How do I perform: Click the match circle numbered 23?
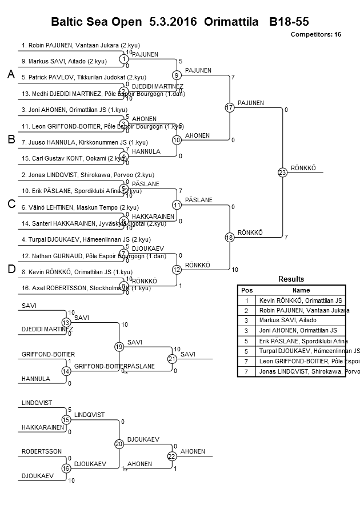(282, 172)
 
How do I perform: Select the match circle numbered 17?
(230, 107)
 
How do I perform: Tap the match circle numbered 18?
(230, 237)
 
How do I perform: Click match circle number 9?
(177, 75)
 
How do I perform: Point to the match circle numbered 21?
(171, 359)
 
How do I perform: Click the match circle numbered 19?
(119, 347)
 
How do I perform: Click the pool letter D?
(10, 270)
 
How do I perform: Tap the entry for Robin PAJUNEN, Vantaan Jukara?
(81, 45)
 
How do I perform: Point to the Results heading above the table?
(291, 279)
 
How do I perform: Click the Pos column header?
(247, 290)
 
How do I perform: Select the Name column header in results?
(301, 290)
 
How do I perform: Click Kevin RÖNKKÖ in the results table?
(301, 300)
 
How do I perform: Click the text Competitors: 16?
(316, 34)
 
